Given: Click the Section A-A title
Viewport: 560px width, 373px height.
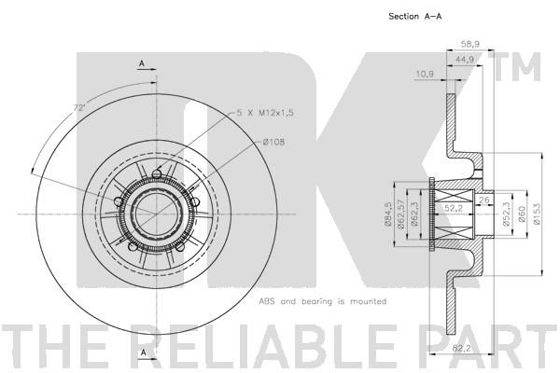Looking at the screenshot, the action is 414,17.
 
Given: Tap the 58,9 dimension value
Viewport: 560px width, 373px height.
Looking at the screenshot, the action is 470,44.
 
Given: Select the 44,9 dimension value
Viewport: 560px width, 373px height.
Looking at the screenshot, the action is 465,60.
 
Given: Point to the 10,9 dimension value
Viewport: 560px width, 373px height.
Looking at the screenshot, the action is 425,74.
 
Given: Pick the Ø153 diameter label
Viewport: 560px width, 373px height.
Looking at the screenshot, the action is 538,214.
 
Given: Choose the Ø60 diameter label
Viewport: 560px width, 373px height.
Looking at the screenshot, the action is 522,214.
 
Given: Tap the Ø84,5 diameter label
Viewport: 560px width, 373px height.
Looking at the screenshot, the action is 388,214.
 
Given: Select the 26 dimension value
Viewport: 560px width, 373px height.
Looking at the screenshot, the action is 484,200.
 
